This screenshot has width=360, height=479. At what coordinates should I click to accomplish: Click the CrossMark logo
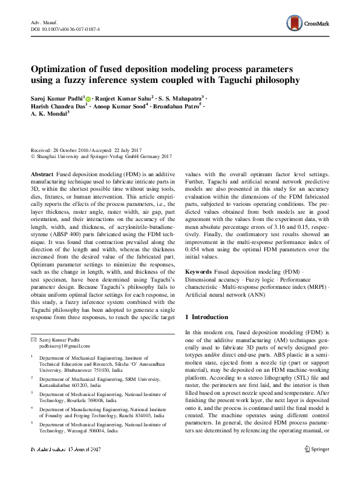click(x=307, y=24)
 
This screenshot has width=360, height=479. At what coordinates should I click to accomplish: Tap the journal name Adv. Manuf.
click(x=43, y=21)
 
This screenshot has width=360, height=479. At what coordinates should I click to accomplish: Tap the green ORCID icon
click(x=88, y=99)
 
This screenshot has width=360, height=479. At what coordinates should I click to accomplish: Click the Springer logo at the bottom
click(x=317, y=465)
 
